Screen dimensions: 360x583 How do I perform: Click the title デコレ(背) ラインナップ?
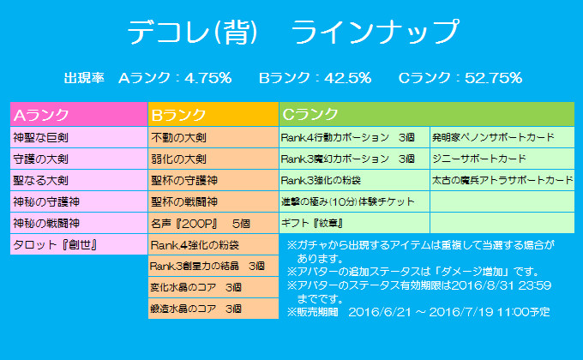(x=292, y=32)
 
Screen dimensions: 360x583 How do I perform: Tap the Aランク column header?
(x=78, y=114)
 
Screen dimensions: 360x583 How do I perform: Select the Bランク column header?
(x=213, y=114)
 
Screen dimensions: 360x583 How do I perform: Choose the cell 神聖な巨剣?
(x=78, y=137)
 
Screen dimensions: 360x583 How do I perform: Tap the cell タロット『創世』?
(x=78, y=245)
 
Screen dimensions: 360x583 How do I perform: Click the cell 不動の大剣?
(x=213, y=137)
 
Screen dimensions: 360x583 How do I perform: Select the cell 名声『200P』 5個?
(x=213, y=224)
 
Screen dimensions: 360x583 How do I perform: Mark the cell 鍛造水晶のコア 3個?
(x=213, y=309)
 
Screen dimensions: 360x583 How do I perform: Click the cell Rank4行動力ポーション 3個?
(x=353, y=137)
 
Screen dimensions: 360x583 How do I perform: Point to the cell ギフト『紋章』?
(x=353, y=224)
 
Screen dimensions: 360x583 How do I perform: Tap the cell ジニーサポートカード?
(x=501, y=159)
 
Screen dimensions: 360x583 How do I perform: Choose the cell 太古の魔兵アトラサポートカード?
(x=501, y=181)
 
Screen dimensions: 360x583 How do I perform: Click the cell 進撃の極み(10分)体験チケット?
(x=353, y=202)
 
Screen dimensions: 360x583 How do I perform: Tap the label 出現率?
(x=84, y=78)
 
